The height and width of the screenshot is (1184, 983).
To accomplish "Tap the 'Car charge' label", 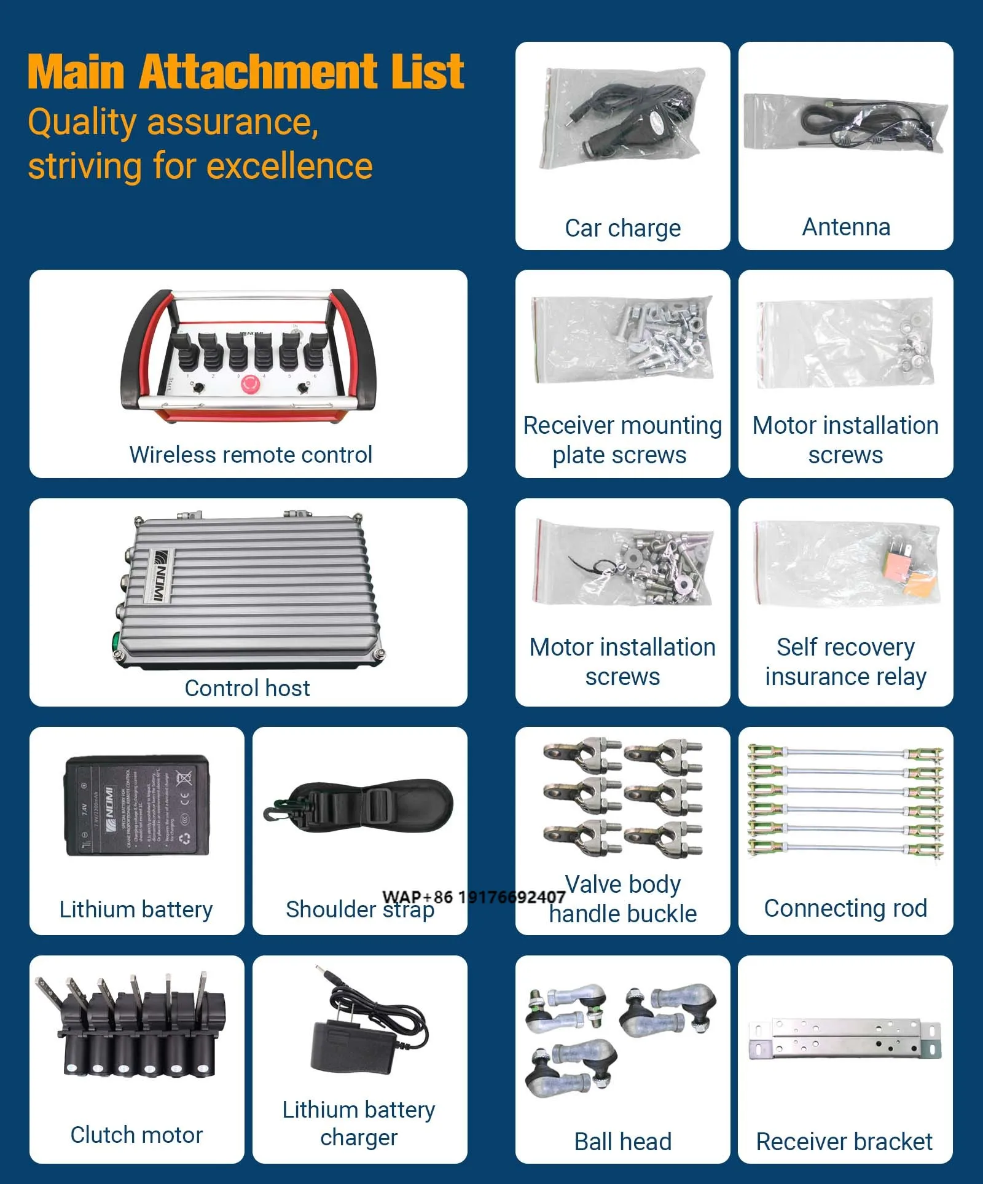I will click(622, 228).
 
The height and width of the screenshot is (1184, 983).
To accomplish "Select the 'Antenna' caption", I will click(845, 227).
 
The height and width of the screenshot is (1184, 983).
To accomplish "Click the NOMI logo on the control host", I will click(159, 575).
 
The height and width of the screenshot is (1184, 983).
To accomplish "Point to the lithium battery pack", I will click(136, 806).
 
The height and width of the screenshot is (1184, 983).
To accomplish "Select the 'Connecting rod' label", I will click(845, 908).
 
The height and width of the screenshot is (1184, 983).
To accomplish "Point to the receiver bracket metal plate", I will click(845, 1038).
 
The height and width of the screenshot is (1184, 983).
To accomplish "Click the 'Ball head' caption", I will click(622, 1142).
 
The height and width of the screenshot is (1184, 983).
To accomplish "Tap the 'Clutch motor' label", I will click(136, 1135).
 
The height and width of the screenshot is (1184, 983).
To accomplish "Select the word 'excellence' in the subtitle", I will click(289, 167).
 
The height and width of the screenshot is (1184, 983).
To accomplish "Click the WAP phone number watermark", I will click(473, 897).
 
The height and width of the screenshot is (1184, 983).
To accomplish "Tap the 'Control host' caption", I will click(247, 688).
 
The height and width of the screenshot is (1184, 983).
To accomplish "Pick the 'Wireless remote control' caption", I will click(251, 455).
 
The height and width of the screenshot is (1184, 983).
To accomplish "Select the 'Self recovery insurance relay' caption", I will click(845, 662).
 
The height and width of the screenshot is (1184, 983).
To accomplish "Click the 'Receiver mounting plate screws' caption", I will click(622, 440).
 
